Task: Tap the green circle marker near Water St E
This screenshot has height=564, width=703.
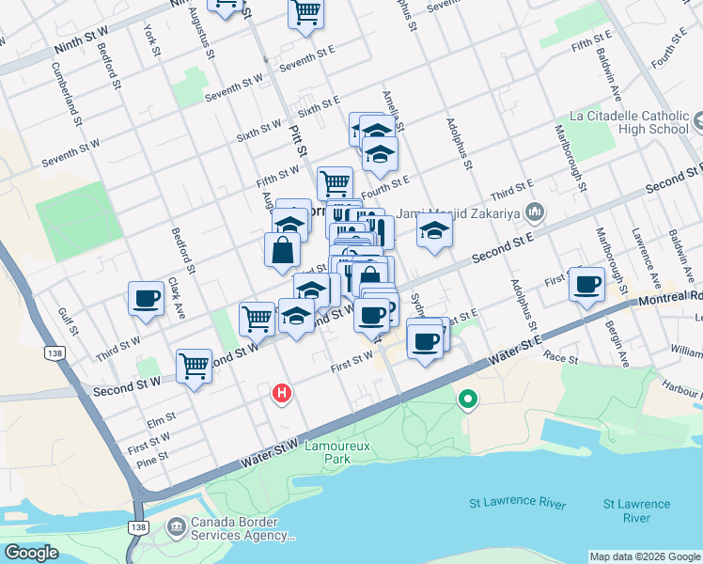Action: coord(467,401)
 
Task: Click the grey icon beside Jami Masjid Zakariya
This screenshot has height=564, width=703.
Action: coord(536,211)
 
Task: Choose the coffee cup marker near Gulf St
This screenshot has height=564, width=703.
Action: coord(147,298)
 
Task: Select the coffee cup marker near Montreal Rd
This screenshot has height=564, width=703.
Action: coord(587,283)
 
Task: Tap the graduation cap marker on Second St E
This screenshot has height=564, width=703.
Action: coord(433,230)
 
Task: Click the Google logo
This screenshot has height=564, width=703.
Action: coord(31,553)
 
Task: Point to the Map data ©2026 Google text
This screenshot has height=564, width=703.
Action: coord(646,556)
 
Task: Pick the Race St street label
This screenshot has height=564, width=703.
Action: coord(560,358)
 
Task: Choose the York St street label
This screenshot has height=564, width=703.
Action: coord(152,40)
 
